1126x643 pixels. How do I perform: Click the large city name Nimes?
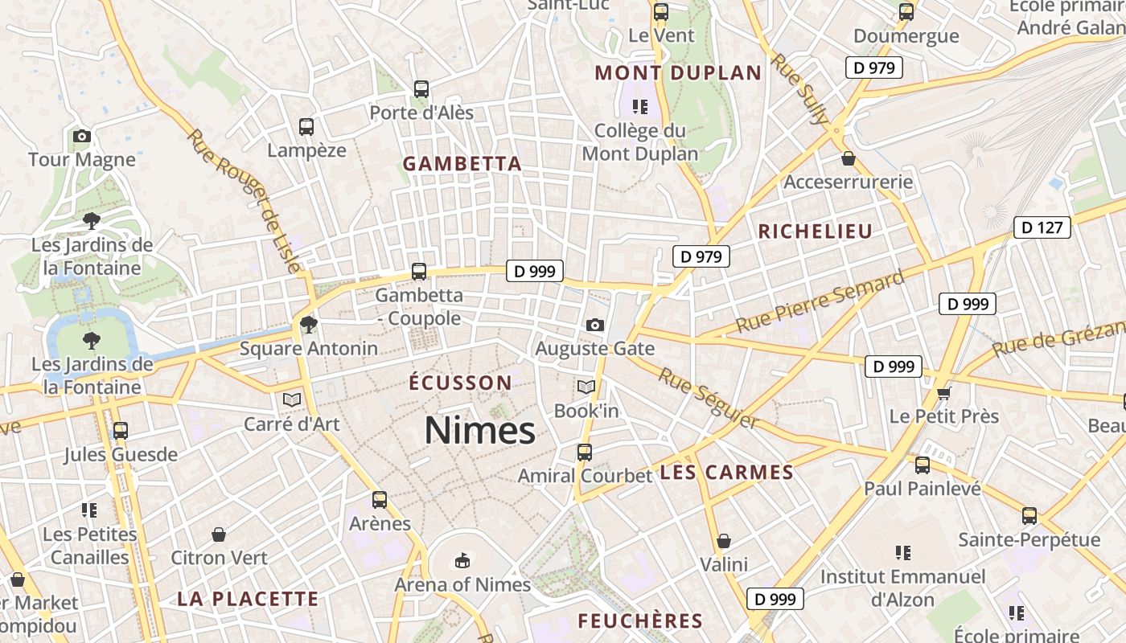[479, 431]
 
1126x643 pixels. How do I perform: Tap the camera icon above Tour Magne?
[82, 136]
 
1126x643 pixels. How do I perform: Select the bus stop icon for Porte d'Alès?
[421, 89]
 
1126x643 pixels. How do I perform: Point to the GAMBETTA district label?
[462, 164]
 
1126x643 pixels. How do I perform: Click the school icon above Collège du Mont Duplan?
[640, 107]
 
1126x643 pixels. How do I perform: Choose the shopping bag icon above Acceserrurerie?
[848, 158]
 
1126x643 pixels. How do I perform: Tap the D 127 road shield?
[1042, 227]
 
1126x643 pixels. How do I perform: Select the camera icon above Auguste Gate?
[595, 325]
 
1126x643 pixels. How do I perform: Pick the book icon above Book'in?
[586, 387]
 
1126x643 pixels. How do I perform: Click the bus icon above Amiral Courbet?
[585, 453]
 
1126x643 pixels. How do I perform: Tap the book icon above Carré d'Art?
[292, 399]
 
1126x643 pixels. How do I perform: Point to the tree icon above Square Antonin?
[308, 325]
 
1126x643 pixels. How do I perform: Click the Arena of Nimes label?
[462, 584]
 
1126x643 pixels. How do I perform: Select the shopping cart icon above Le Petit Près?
[944, 393]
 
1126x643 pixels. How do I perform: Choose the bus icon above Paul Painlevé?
[923, 465]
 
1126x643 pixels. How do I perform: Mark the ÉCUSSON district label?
[460, 383]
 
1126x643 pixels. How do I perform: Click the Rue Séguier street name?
[709, 398]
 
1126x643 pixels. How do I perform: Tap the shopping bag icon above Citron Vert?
[218, 534]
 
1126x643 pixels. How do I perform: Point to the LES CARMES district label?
[726, 473]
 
